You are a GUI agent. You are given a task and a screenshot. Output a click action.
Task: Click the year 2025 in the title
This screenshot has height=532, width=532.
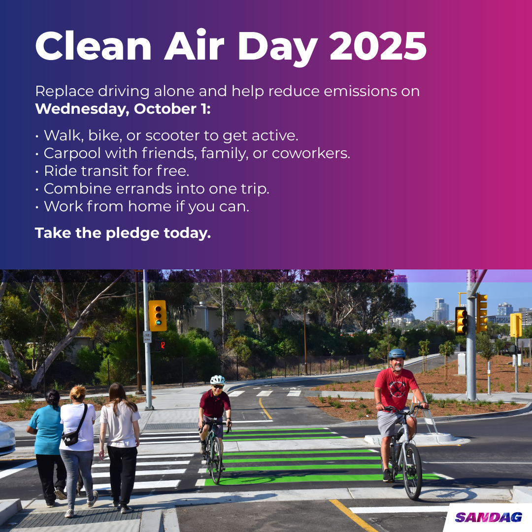click(378, 47)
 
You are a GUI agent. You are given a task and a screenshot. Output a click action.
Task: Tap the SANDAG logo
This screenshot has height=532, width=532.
click(488, 517)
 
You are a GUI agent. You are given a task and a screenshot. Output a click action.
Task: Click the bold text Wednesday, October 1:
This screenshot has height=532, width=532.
click(123, 109)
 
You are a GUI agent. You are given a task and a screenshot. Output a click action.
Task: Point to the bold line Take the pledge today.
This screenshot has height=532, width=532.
click(123, 233)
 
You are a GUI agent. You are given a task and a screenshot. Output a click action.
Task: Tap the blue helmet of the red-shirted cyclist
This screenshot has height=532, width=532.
click(397, 354)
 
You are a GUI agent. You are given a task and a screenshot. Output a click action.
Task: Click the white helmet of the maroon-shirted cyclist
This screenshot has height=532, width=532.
click(217, 380)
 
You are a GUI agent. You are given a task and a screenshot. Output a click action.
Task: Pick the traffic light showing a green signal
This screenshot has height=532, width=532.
click(158, 316)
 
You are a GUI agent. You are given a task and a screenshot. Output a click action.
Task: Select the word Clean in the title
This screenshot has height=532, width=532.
click(93, 47)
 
